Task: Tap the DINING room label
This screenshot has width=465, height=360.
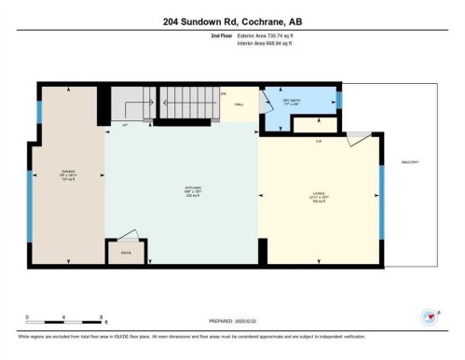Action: [x=67, y=173]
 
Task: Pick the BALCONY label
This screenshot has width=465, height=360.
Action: [x=410, y=161]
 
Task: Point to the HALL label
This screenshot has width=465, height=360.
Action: [x=239, y=105]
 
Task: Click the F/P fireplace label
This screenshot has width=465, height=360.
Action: [x=319, y=140]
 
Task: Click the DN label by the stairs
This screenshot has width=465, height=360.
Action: [x=223, y=93]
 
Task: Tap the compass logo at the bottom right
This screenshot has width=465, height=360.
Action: [x=431, y=316]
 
